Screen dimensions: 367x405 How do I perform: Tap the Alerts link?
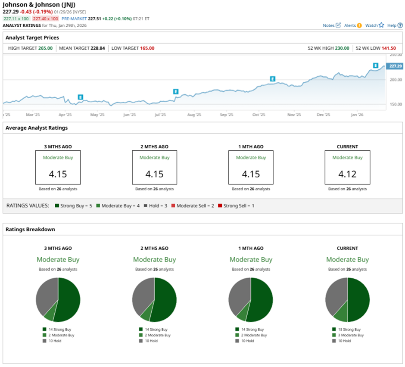point(353,25)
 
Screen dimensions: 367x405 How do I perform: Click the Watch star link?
point(374,25)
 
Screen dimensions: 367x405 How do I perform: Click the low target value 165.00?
point(147,48)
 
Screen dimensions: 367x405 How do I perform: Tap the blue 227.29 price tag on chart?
point(394,66)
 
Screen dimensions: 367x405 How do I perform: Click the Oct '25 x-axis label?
point(259,115)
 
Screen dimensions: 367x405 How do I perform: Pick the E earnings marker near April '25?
point(81,97)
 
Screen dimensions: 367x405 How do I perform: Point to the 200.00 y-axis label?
point(395,80)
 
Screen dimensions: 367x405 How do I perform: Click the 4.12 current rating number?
point(347,174)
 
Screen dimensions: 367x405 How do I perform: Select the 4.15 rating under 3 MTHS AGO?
point(58,174)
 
